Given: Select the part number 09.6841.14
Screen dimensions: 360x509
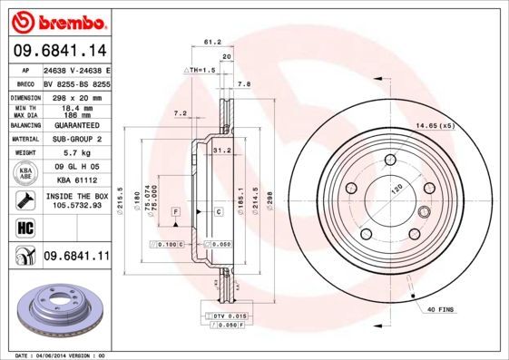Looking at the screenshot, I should (58, 51).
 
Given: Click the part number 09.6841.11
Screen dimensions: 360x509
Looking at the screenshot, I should (76, 256).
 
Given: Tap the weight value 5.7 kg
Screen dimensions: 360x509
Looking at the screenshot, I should (73, 153).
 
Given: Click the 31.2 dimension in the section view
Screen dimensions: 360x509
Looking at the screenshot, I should (220, 151).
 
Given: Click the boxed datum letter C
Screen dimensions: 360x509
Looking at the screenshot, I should (219, 211).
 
